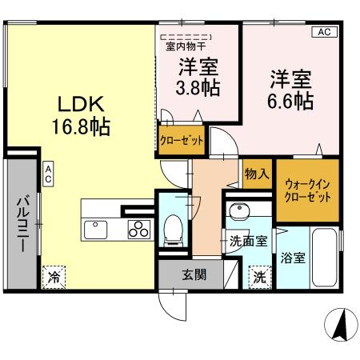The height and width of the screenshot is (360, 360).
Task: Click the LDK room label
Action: (x=81, y=104)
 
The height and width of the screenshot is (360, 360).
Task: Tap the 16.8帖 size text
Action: (x=81, y=127)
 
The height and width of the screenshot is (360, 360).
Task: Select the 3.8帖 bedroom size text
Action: (x=198, y=87)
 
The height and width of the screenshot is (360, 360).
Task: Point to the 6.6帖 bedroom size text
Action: (x=290, y=101)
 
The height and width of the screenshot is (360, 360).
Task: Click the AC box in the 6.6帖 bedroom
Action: (x=325, y=32)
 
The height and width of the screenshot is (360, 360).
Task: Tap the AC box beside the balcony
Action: (x=48, y=174)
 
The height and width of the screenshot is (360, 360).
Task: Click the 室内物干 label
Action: (x=186, y=46)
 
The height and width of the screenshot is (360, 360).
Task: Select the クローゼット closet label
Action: (x=182, y=140)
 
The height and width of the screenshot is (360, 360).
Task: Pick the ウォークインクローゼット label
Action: (x=307, y=190)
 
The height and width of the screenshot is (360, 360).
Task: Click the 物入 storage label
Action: (x=257, y=174)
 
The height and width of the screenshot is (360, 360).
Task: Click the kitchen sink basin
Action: (x=95, y=230)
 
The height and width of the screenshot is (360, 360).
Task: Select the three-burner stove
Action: (x=138, y=230)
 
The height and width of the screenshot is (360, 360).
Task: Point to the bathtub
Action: (x=324, y=258)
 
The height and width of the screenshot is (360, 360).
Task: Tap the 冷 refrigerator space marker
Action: (x=54, y=277)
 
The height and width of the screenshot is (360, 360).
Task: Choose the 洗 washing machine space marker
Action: (x=260, y=278)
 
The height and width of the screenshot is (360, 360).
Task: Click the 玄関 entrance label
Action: (x=194, y=274)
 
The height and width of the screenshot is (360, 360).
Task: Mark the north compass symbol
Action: (x=341, y=325)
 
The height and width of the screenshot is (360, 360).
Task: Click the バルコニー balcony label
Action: (x=23, y=223)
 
